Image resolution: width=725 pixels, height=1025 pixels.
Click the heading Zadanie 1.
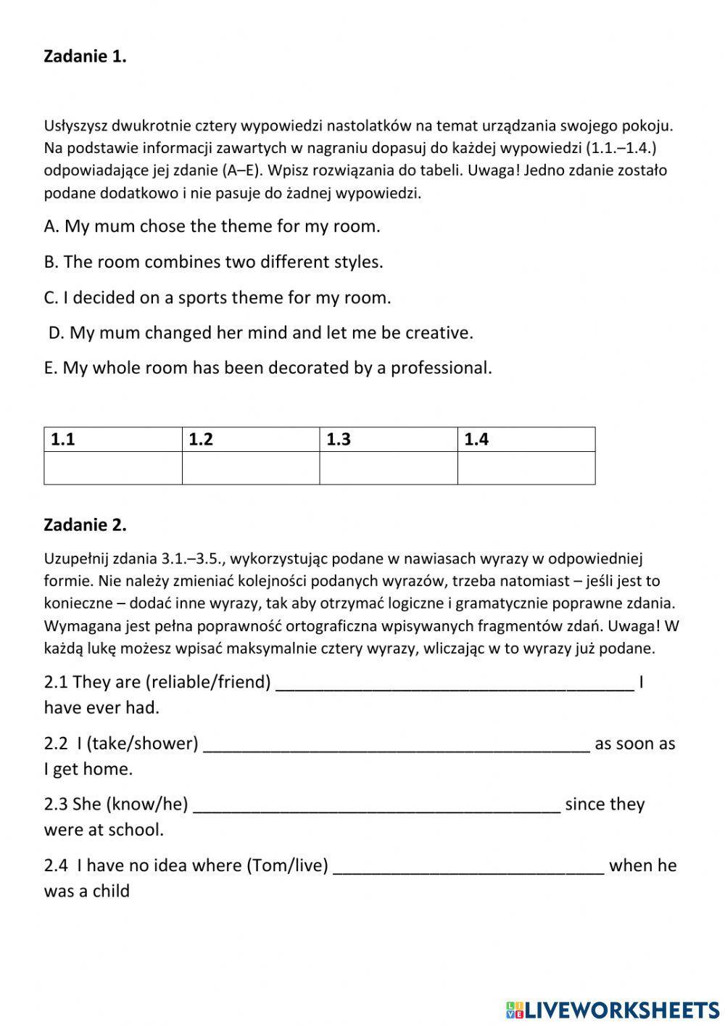click(85, 57)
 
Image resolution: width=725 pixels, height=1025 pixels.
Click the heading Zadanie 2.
click(85, 524)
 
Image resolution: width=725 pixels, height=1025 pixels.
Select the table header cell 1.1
click(113, 440)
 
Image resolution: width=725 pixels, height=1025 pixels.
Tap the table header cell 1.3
click(389, 440)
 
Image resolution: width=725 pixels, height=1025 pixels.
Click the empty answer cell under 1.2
click(251, 468)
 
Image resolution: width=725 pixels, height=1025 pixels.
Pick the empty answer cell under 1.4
click(526, 468)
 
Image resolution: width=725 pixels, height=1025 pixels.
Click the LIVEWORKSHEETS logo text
click(622, 1010)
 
